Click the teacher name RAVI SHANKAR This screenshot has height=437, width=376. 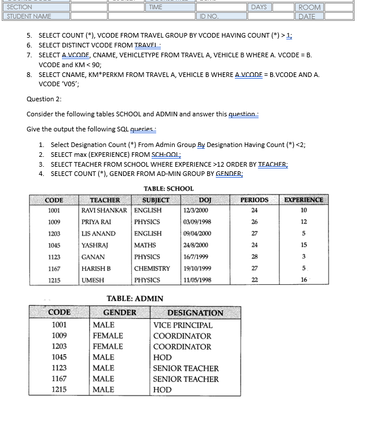[x=104, y=210]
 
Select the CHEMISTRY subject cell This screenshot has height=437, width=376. [x=152, y=269]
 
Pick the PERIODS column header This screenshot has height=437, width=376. [x=254, y=200]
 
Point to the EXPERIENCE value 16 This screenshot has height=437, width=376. [x=304, y=280]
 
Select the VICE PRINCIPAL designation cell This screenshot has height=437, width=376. [x=183, y=325]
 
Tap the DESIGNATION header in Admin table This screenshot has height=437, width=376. [x=195, y=313]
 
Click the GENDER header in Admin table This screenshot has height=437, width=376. [x=120, y=313]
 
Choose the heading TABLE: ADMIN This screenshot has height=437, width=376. [x=135, y=299]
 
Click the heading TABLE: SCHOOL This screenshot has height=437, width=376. [x=168, y=189]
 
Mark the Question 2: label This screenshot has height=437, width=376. [x=44, y=99]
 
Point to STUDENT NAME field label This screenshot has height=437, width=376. [x=29, y=16]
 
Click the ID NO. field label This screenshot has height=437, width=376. [x=209, y=17]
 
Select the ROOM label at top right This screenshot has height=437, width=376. [x=309, y=8]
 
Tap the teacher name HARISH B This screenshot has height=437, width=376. [x=96, y=269]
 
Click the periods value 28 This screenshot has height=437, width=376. [x=254, y=257]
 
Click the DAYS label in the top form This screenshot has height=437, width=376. [x=259, y=7]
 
